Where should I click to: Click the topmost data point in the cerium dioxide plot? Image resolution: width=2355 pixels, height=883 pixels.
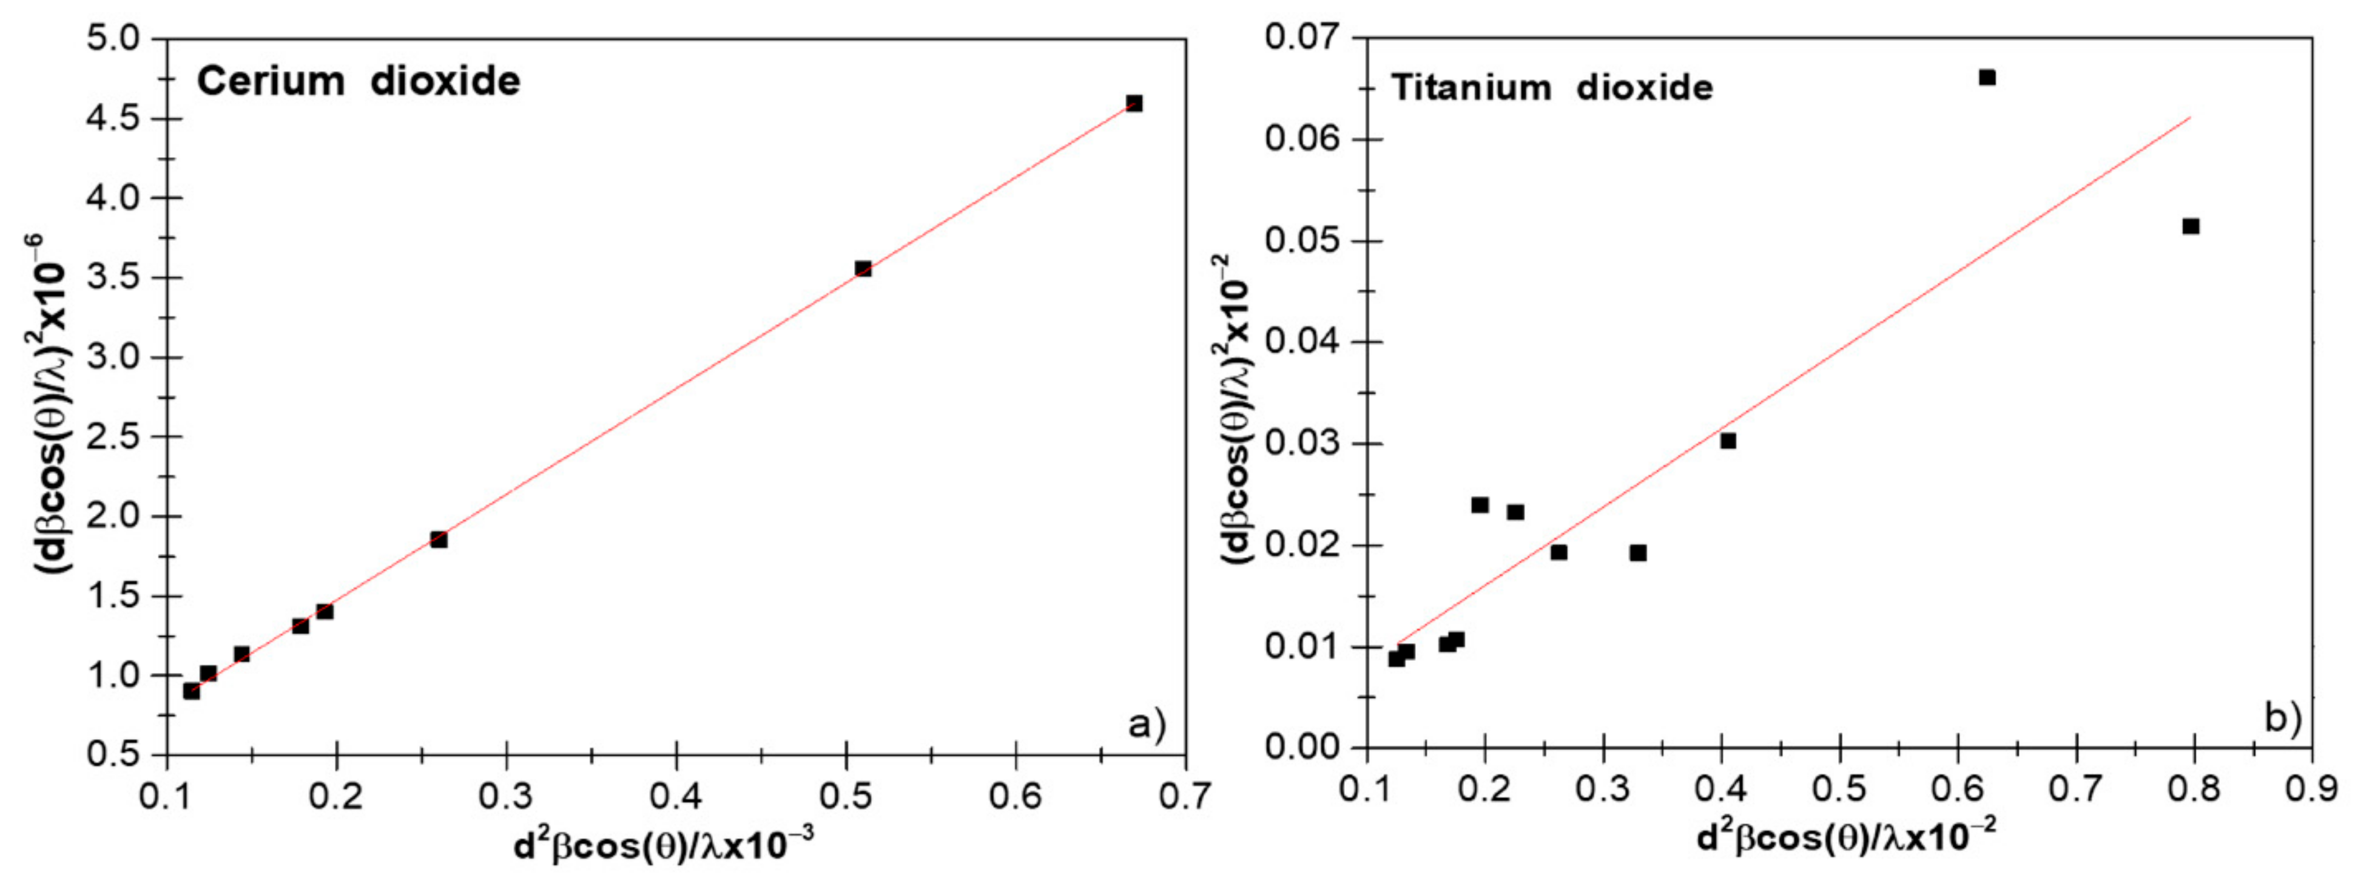tap(1134, 103)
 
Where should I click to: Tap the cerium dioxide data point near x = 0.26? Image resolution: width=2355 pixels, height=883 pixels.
tap(439, 540)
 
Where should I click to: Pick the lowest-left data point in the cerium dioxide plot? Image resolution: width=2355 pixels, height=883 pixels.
tap(191, 691)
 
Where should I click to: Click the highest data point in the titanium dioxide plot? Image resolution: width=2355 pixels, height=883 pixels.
tap(1987, 78)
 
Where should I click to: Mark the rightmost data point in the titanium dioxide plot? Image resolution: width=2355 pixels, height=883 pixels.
tap(2191, 226)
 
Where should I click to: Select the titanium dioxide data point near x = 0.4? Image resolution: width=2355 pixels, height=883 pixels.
tap(1728, 441)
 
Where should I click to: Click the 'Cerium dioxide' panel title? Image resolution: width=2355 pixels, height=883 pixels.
tap(359, 81)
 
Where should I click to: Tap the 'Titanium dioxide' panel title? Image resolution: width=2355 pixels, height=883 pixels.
tap(1551, 88)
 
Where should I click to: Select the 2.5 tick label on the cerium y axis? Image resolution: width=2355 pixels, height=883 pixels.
tap(113, 437)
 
